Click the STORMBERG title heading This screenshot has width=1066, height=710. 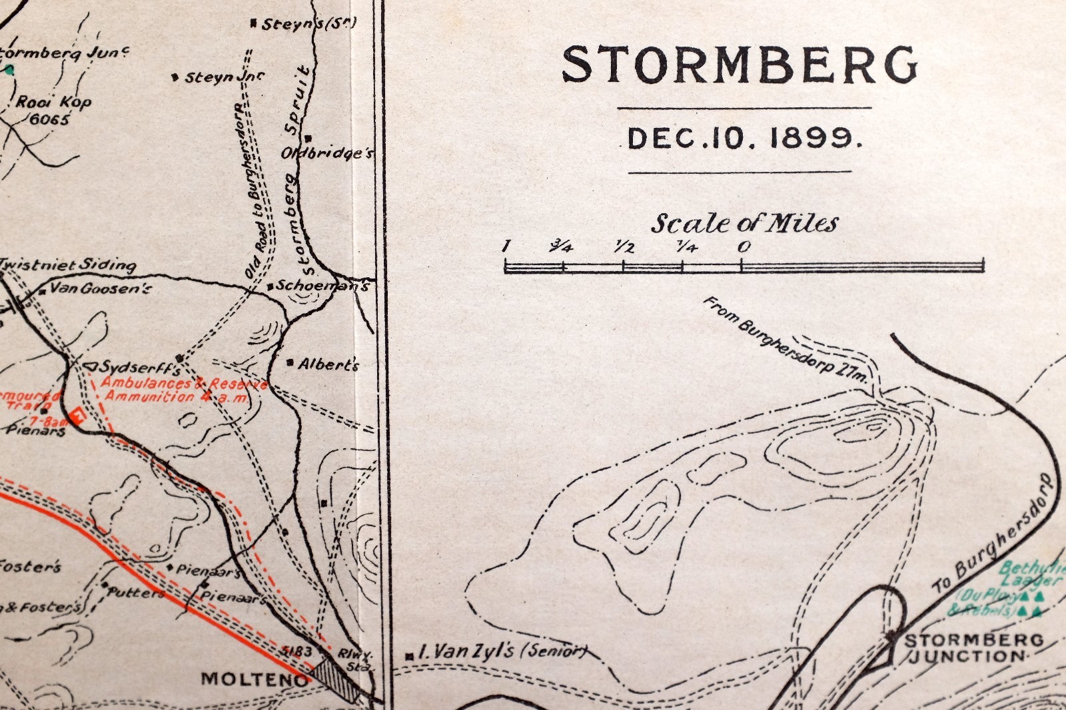[740, 65]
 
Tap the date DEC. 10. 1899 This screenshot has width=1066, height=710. [744, 139]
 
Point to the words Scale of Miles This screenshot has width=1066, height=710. [744, 223]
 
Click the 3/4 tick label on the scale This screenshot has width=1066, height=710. [561, 247]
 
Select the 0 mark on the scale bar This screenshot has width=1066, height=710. [744, 246]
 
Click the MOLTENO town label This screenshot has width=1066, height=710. [255, 679]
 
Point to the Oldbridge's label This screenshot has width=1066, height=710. [326, 153]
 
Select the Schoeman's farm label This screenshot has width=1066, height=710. [322, 286]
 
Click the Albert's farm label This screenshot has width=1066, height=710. [328, 364]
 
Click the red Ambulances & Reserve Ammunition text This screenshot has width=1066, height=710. [180, 390]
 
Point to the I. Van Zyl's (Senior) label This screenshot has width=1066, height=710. [501, 651]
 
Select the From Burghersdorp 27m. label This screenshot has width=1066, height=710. [786, 340]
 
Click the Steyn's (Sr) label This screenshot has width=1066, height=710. [308, 24]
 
